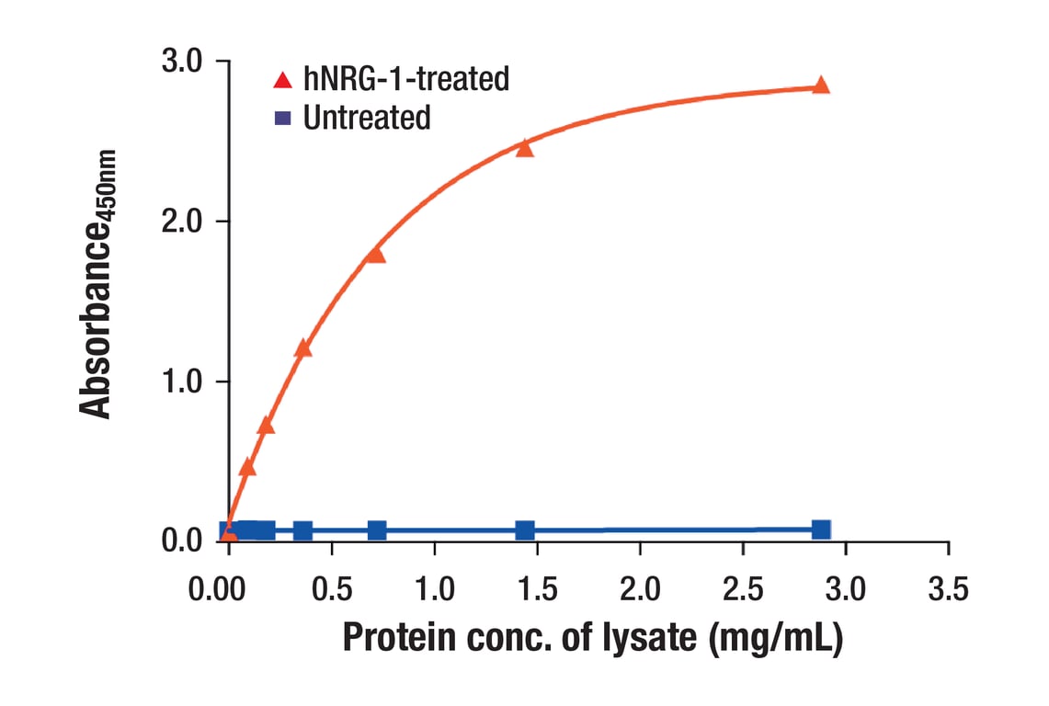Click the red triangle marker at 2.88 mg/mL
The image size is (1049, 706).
[x=821, y=85]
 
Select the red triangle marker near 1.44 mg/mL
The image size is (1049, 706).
[x=525, y=148]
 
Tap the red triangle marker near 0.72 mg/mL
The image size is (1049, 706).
[x=376, y=255]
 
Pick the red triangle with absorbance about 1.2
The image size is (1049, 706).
[x=302, y=348]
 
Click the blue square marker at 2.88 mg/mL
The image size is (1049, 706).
[x=821, y=529]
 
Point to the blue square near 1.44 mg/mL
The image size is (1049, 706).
[x=525, y=530]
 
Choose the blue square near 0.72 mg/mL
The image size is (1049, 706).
[x=376, y=530]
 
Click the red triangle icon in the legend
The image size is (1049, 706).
[x=282, y=80]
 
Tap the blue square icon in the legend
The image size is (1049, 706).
[x=282, y=118]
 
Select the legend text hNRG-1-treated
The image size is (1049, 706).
[x=405, y=79]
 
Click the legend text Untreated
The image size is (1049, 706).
[x=366, y=118]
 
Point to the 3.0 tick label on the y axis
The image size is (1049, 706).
[x=184, y=62]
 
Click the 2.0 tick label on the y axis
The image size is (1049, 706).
[x=184, y=222]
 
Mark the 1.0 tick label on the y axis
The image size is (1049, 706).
[x=184, y=381]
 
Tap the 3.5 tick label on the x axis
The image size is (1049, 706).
[x=948, y=588]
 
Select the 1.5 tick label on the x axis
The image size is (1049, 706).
[x=537, y=588]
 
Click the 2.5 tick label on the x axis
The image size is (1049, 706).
[x=743, y=588]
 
